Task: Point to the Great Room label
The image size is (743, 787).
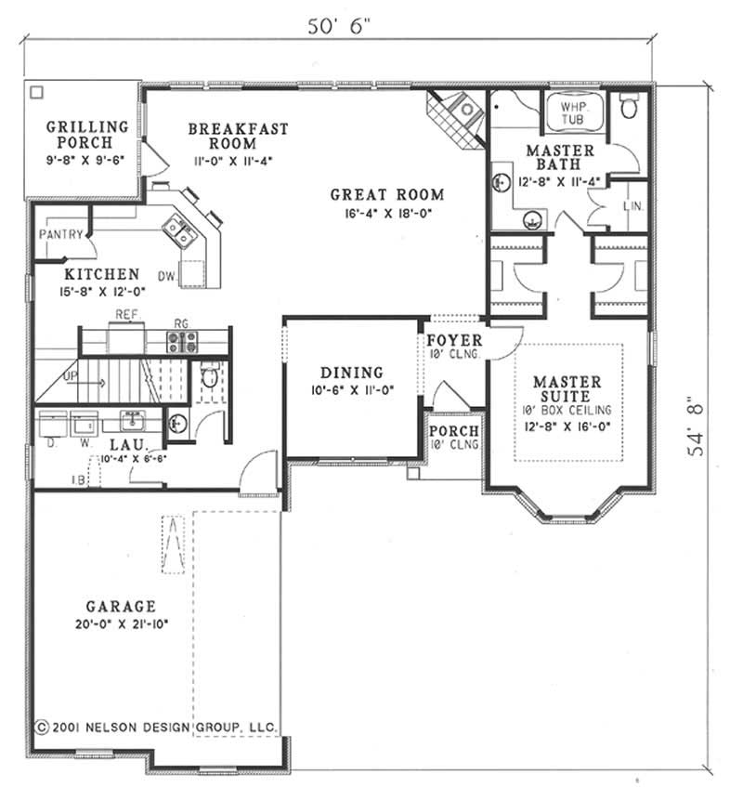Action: click(386, 195)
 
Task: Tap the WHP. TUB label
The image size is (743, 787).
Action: click(571, 113)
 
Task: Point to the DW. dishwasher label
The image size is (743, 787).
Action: click(167, 276)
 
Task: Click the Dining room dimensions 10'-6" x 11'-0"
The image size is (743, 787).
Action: click(352, 391)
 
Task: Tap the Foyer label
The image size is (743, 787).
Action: click(453, 340)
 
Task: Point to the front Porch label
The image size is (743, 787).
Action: click(454, 431)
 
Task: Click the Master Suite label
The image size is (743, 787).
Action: click(567, 389)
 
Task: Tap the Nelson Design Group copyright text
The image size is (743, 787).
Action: click(153, 725)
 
